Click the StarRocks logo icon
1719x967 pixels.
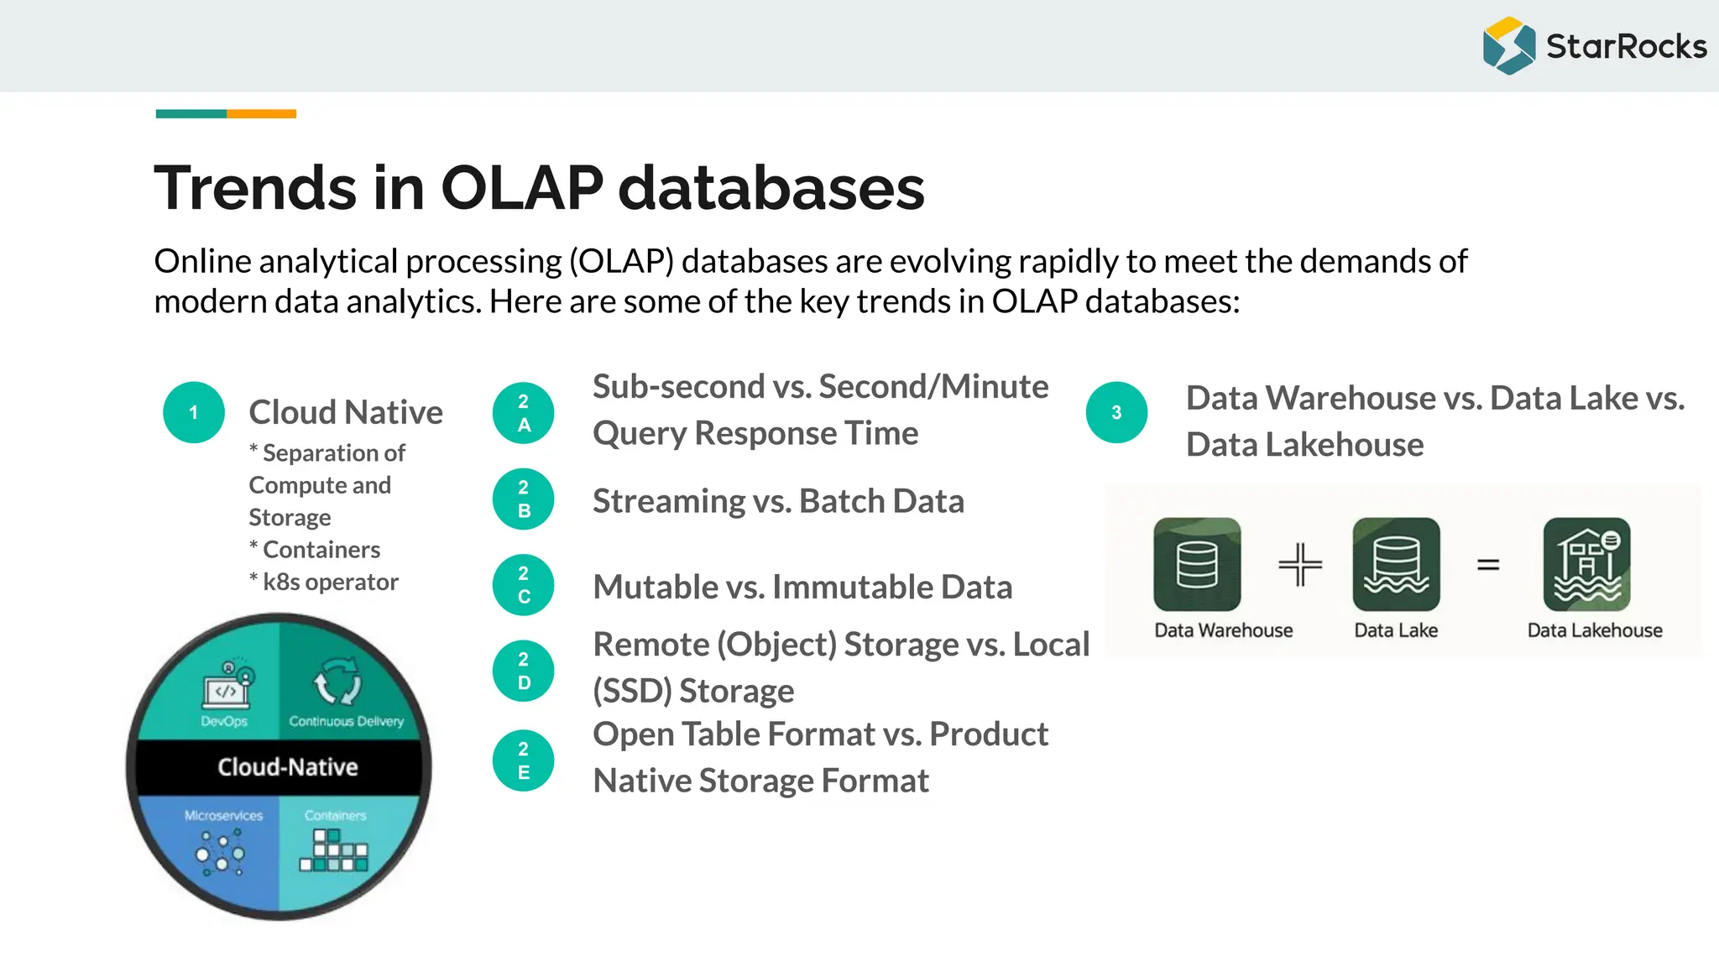coord(1509,46)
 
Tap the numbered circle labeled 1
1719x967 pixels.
coord(194,412)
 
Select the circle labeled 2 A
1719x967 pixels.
coord(524,413)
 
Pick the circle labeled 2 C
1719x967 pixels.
coord(524,585)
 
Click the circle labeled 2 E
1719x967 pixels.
coord(524,761)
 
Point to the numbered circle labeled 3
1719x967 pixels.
coord(1116,412)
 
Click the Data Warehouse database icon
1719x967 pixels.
coord(1197,564)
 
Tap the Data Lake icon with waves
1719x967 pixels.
coord(1396,564)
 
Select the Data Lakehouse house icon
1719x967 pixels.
coord(1586,564)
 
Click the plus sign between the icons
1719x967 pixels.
coord(1300,564)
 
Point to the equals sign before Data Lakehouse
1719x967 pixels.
coord(1488,565)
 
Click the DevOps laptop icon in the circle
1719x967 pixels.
coord(227,687)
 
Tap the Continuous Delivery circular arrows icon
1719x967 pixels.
coord(337,682)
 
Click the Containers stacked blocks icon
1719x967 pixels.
coord(334,850)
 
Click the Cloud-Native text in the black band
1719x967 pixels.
coord(288,767)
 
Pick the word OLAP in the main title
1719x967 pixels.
coord(521,187)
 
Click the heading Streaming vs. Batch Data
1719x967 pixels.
coord(778,501)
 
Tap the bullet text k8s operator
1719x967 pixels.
coord(330,582)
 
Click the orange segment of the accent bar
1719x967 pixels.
coord(261,114)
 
